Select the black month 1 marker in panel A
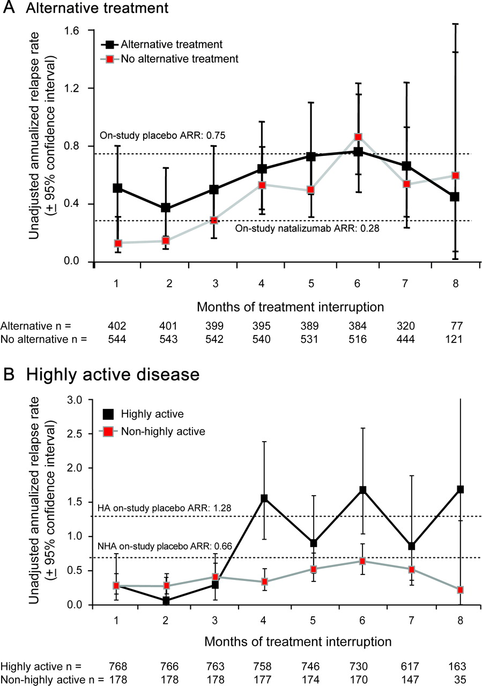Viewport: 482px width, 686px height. (x=117, y=188)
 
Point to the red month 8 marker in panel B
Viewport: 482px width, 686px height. (x=459, y=590)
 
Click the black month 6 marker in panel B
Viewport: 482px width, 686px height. (x=363, y=490)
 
